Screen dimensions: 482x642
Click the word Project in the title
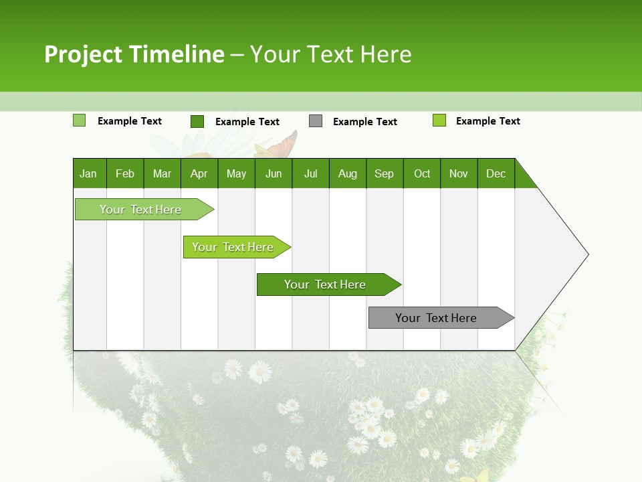[83, 54]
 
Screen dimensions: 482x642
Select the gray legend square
[316, 120]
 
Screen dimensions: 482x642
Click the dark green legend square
[197, 121]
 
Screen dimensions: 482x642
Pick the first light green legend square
[79, 120]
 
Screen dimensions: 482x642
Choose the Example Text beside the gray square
[364, 122]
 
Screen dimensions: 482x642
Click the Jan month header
[88, 173]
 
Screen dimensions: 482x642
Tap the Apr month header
[199, 173]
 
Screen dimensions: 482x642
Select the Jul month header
[310, 173]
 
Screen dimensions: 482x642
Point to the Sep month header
[384, 173]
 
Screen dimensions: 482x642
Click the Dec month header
[496, 173]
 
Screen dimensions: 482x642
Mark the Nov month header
[458, 173]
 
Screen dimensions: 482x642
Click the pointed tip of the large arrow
[586, 254]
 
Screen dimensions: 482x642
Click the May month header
[236, 173]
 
